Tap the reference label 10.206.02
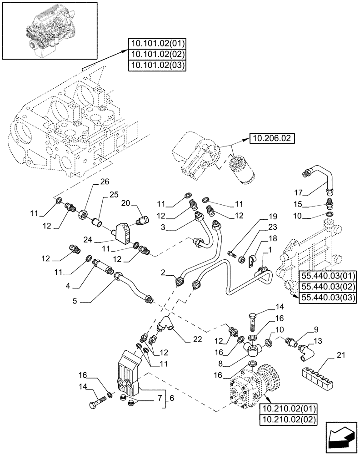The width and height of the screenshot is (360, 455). [272, 138]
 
